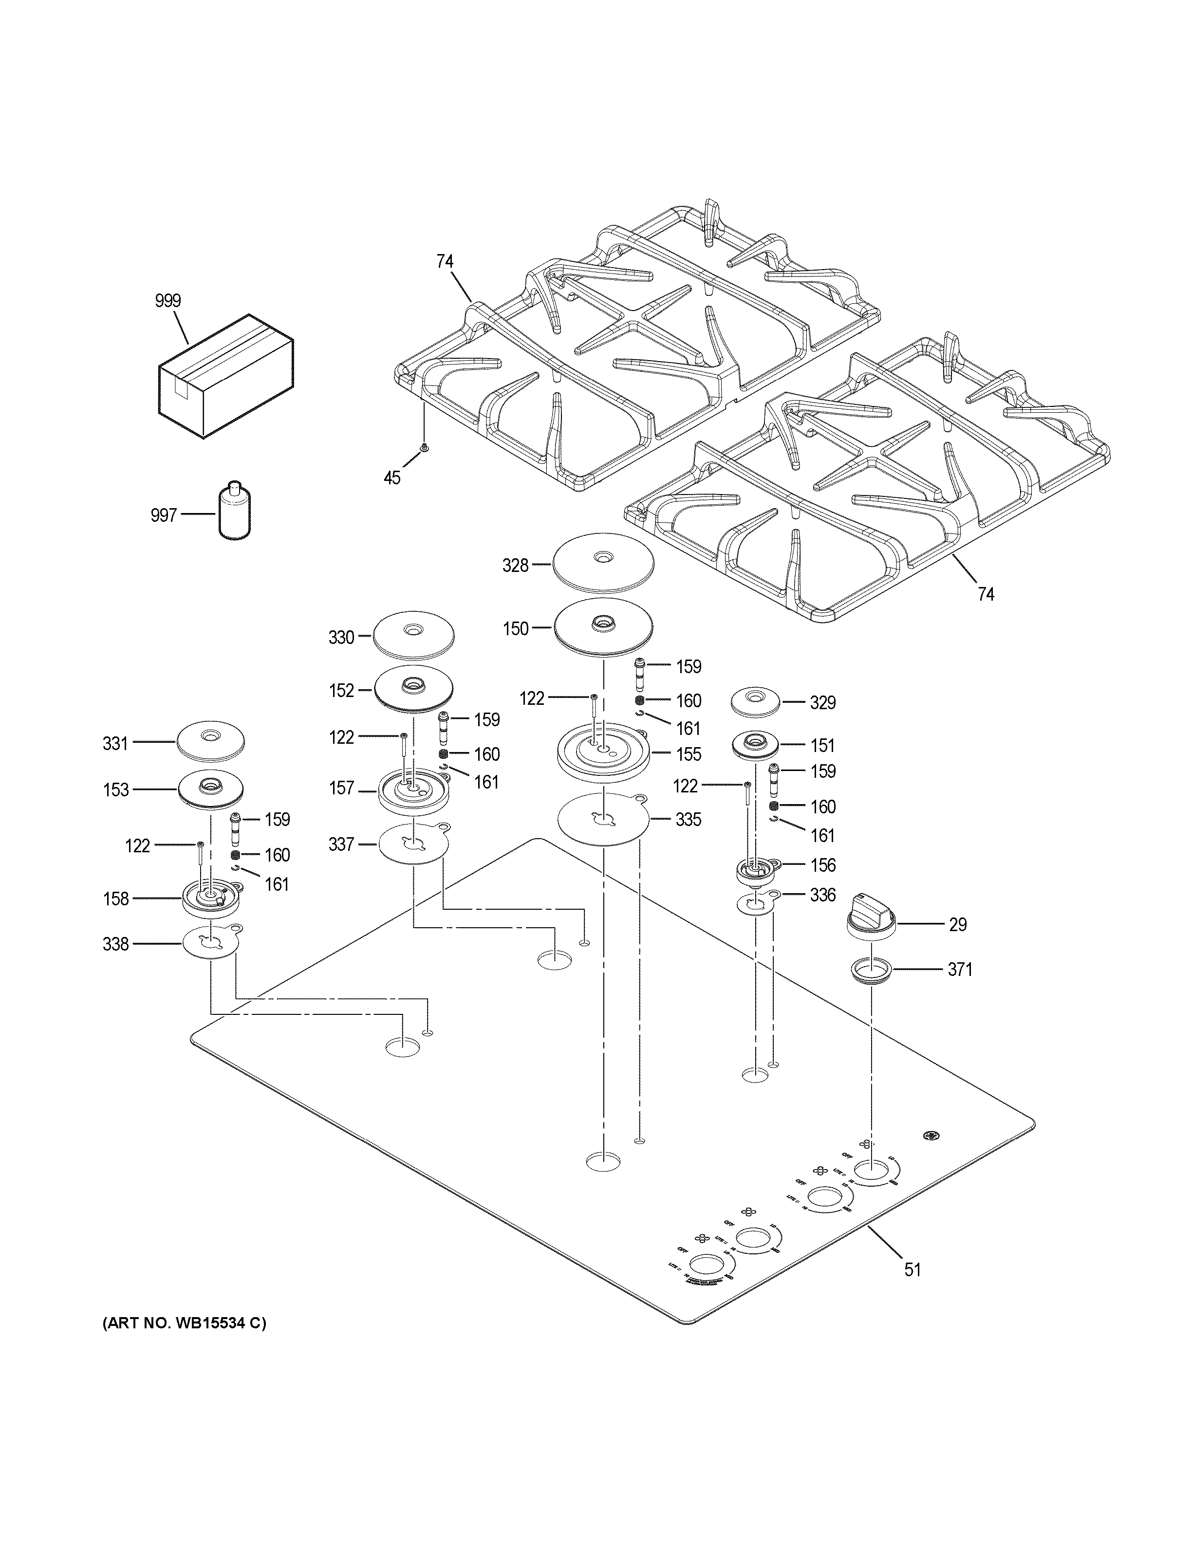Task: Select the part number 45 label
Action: click(392, 478)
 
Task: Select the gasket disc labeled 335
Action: click(603, 819)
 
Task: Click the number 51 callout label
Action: click(913, 1269)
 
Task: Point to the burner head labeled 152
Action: click(413, 689)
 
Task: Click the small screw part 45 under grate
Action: click(424, 448)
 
